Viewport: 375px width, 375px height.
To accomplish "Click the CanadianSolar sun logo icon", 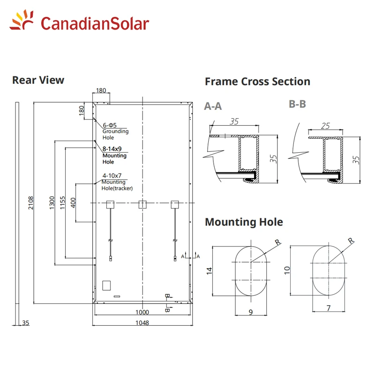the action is click(x=22, y=20).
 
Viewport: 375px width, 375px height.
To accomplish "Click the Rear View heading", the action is click(x=38, y=80).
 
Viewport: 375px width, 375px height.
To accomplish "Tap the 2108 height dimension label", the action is click(x=31, y=203).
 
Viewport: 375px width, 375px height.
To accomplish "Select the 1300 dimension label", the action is click(x=52, y=202).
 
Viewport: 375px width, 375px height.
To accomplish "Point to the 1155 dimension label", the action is click(x=62, y=202).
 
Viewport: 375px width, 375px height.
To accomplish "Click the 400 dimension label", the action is click(x=73, y=202).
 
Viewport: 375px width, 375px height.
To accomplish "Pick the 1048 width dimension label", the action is click(x=142, y=323).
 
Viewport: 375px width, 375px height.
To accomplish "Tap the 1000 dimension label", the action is click(x=142, y=312).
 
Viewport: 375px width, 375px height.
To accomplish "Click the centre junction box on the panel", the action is click(x=142, y=204).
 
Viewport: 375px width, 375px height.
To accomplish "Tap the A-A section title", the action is click(x=213, y=106).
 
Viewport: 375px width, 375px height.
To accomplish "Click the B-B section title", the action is click(x=297, y=104).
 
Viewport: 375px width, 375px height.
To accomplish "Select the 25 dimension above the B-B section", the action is click(x=325, y=126).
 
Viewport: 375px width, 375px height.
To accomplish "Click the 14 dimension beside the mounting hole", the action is click(x=209, y=271).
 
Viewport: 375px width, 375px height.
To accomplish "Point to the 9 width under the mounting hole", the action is click(x=251, y=312).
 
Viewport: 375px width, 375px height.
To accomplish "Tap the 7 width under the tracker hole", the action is click(x=329, y=308).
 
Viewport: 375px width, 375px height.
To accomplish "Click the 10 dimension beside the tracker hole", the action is click(x=287, y=270).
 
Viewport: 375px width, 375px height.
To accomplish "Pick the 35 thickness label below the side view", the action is click(x=26, y=323).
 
